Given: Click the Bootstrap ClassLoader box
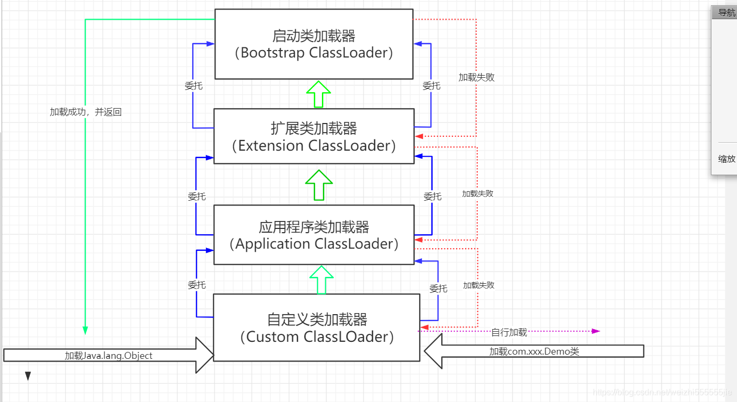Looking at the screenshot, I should pos(314,44).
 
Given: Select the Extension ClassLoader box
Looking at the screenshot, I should pos(314,136).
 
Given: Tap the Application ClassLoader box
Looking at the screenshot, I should pos(314,235).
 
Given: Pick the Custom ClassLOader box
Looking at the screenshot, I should pos(317,327).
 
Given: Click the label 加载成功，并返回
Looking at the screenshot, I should pos(86,112).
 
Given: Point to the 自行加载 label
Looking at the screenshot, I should pos(509,332).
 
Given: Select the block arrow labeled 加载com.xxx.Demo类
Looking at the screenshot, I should pos(534,351).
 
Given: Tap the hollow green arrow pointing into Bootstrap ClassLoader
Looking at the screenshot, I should pos(319,94).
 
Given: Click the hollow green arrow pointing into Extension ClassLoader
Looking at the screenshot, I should pos(319,185).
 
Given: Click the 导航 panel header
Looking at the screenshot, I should pos(725,13).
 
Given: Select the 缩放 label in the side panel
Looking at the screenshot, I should pos(726,159).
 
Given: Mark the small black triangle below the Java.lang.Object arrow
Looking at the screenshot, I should pos(28,376).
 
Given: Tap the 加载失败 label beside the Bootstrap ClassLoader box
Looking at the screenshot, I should pos(476,77).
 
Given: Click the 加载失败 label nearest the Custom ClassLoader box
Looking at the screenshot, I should pos(478,285).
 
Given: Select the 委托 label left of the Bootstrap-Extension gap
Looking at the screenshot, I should pos(193,86).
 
